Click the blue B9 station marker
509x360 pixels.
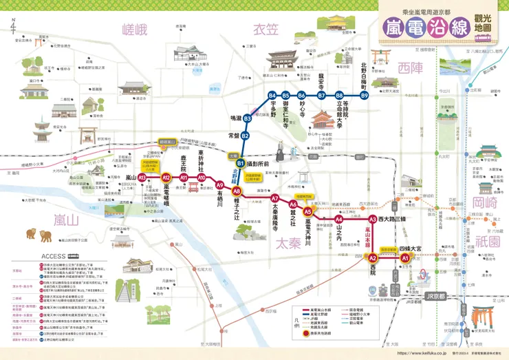coord(365,95)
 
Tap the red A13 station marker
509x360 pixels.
coord(142,178)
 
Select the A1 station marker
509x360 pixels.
coord(405,258)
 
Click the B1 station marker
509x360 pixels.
coord(241,162)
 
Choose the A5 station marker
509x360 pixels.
coord(308,212)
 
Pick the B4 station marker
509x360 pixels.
coord(272,95)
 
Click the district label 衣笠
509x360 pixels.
coord(266,29)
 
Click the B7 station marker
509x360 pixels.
coord(321,95)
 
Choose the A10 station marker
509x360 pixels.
coord(202,178)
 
